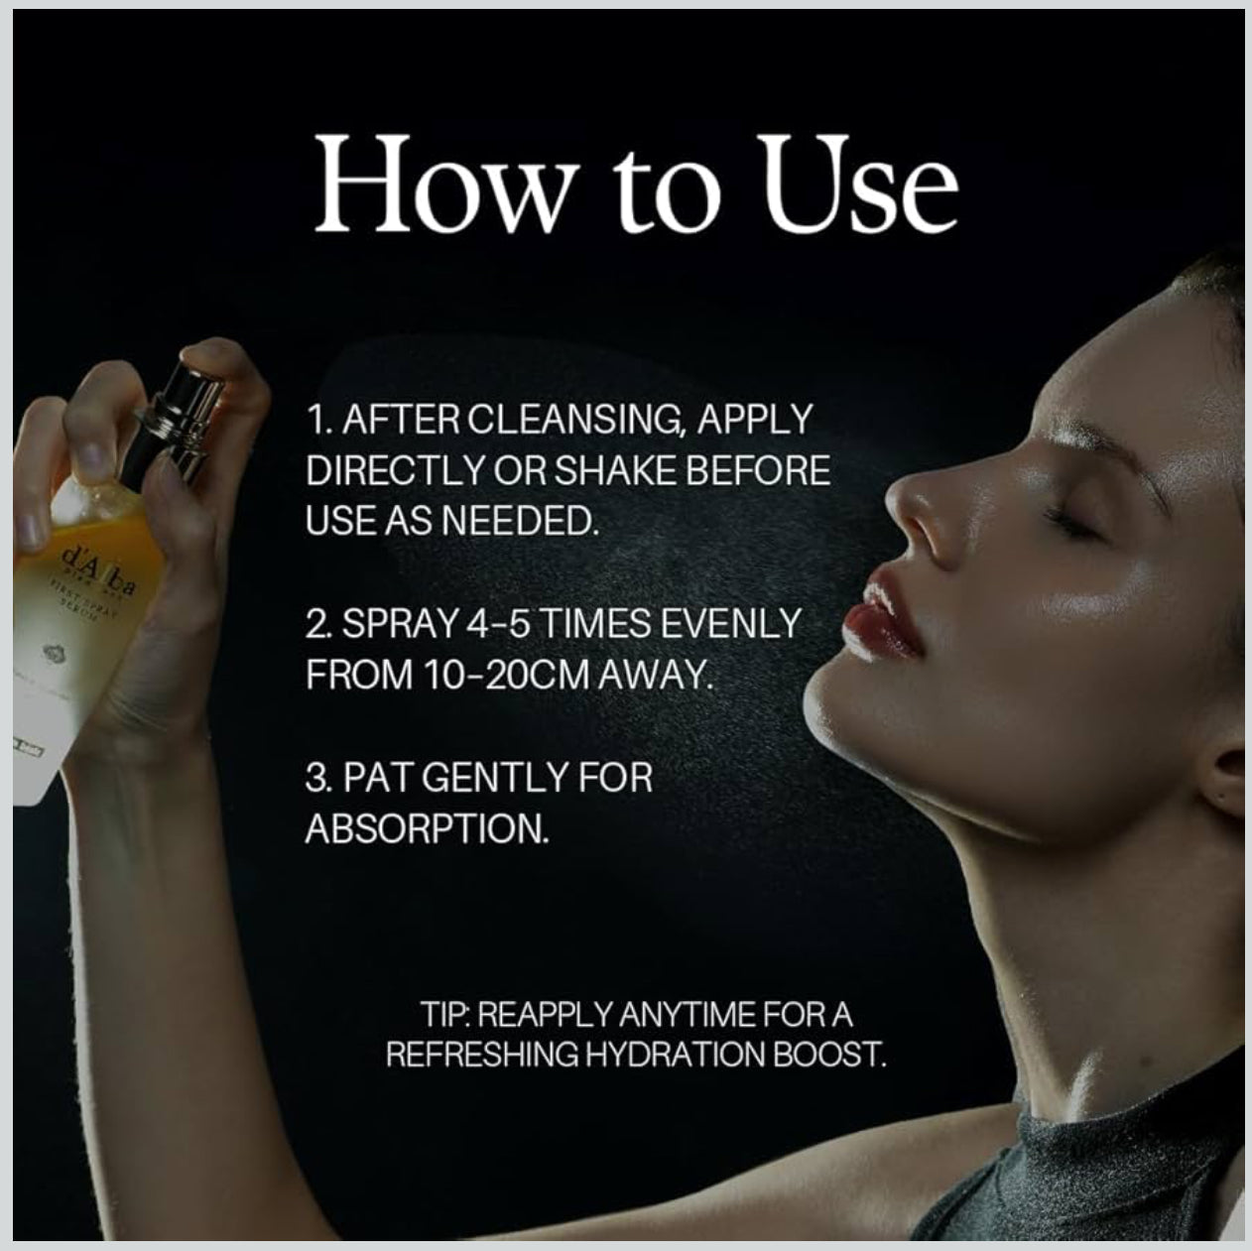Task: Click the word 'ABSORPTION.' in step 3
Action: pyautogui.click(x=427, y=827)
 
